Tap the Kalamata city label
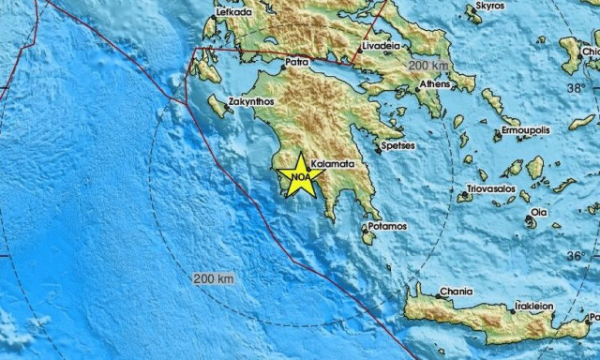click(333, 163)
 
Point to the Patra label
click(296, 66)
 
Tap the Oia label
click(538, 213)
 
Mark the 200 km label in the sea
click(213, 278)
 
